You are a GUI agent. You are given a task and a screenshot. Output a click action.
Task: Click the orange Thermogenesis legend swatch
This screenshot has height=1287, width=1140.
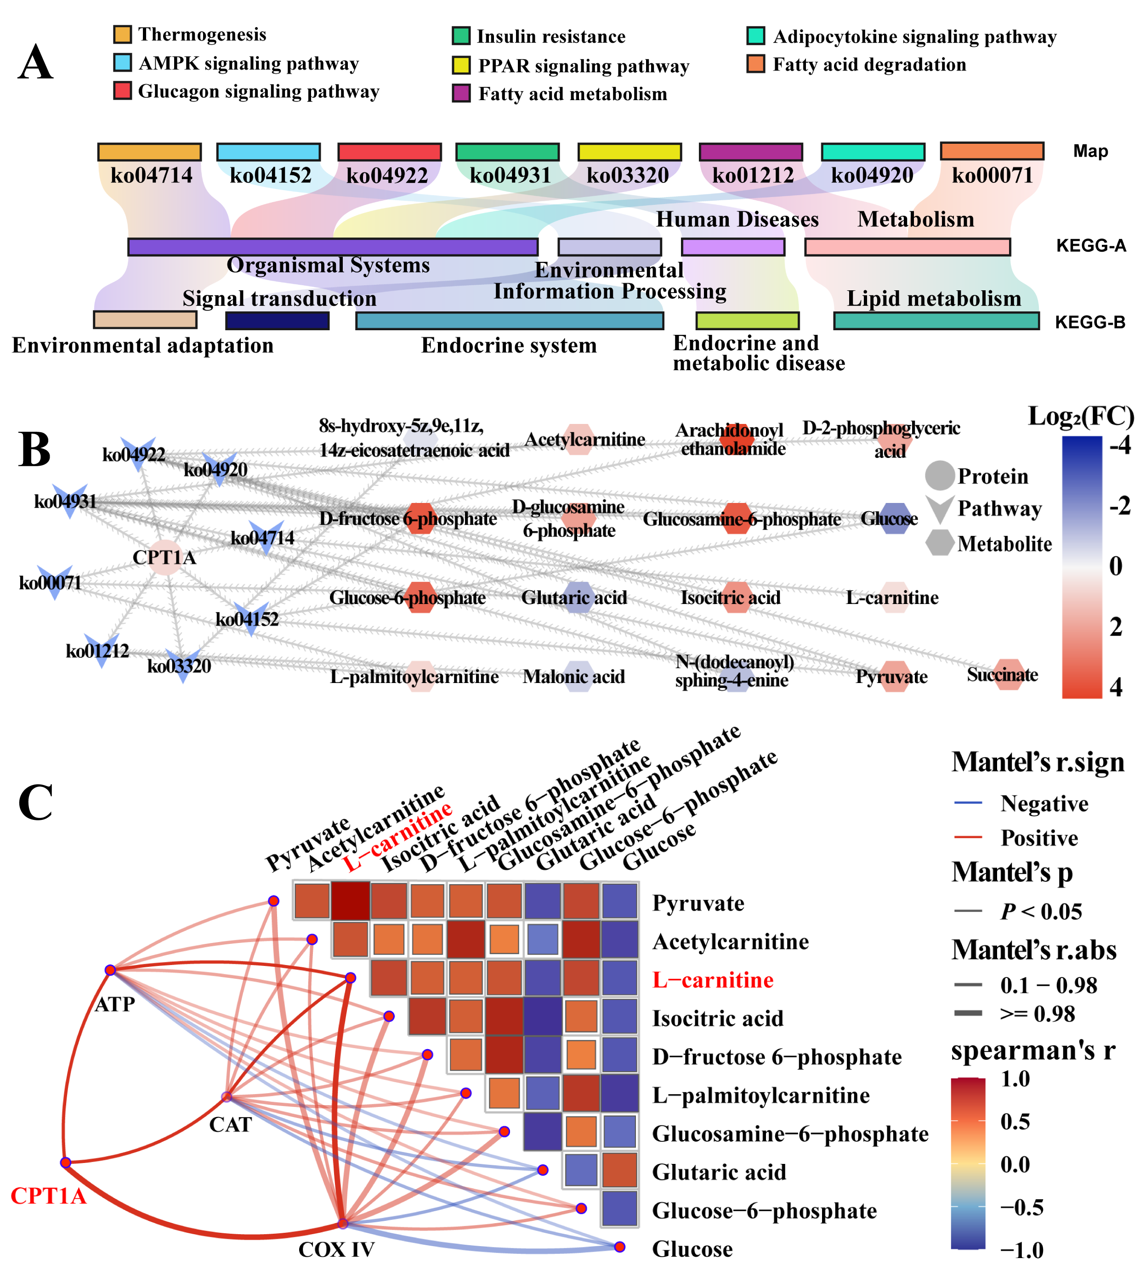click(x=122, y=34)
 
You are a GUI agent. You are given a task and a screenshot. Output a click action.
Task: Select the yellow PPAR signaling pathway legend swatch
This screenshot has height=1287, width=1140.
click(x=461, y=66)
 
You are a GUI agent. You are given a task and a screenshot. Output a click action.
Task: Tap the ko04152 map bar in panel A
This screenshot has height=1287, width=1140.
click(x=268, y=152)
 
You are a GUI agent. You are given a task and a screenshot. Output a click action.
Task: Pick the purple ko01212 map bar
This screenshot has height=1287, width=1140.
click(x=750, y=152)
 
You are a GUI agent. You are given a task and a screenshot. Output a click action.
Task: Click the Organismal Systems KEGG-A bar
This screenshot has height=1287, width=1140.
click(x=333, y=247)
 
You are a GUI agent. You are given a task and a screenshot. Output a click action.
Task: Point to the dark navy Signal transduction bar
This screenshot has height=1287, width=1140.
click(x=277, y=321)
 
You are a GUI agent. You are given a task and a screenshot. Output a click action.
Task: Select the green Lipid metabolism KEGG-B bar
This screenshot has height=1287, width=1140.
click(x=936, y=321)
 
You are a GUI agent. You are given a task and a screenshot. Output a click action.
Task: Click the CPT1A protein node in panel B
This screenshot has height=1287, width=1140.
click(x=165, y=557)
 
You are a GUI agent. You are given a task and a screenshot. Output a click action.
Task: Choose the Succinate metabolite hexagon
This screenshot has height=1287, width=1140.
click(x=1009, y=674)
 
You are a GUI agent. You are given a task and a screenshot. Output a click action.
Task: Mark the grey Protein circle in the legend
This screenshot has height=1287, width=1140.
click(x=939, y=476)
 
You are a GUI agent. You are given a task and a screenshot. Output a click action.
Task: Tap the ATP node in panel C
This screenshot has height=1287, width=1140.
click(x=110, y=970)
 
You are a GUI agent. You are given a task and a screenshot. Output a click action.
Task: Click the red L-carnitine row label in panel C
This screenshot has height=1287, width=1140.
click(x=712, y=980)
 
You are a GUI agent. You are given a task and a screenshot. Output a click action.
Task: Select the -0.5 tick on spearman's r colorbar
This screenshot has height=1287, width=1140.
click(x=1021, y=1208)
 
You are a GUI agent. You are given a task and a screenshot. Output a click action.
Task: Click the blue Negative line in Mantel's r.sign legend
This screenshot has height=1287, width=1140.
click(x=968, y=803)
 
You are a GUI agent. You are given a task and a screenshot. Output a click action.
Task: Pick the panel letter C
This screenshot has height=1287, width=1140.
click(x=36, y=803)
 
